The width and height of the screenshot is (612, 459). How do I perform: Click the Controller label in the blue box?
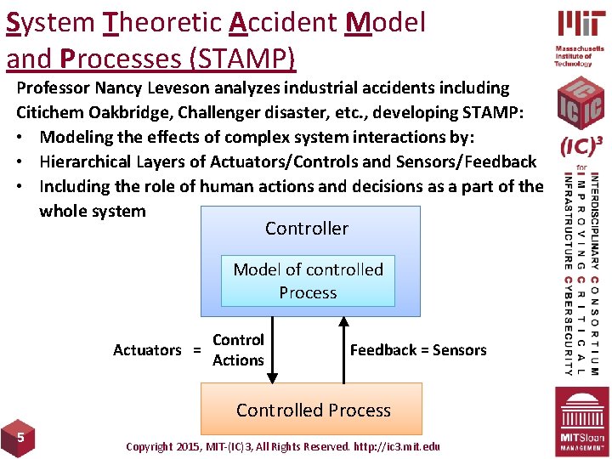(x=306, y=228)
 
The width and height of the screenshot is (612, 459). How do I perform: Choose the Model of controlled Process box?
(x=308, y=280)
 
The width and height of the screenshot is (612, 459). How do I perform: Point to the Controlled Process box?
(x=313, y=410)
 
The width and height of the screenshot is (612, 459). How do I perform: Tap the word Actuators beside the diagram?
(x=147, y=350)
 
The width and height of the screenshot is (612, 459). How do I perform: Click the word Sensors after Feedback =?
(x=460, y=350)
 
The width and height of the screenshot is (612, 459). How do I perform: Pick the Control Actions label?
(x=238, y=350)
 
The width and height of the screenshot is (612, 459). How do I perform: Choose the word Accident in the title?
(x=285, y=23)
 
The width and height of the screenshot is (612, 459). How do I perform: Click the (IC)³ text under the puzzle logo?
(x=581, y=147)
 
